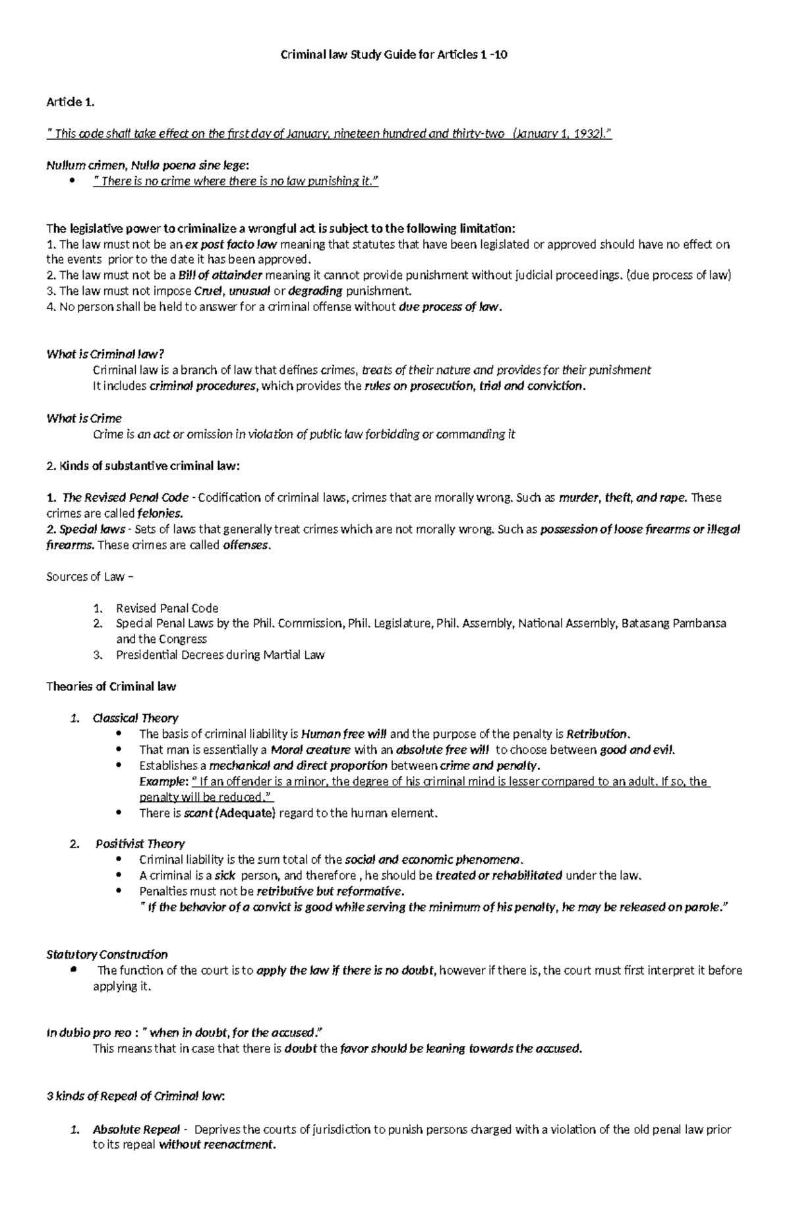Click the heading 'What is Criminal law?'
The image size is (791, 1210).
pos(103,354)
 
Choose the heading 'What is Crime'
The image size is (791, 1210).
pos(84,418)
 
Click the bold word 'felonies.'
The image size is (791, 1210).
pos(160,513)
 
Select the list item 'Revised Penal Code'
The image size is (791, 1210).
pos(167,608)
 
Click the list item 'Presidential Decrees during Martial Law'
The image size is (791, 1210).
pos(220,655)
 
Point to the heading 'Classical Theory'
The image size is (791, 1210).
pos(135,718)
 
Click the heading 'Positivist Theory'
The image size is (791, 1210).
pos(140,844)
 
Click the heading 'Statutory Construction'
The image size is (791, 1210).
pos(107,954)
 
